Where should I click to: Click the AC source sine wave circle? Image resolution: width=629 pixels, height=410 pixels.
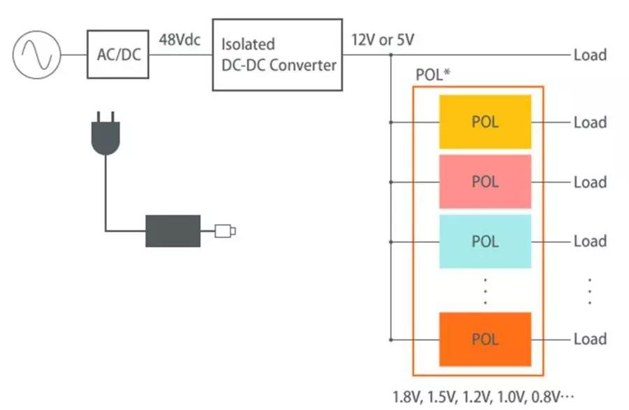click(x=36, y=55)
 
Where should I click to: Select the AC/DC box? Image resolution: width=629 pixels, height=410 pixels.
click(x=117, y=54)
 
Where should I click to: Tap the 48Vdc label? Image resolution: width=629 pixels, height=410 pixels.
click(x=180, y=39)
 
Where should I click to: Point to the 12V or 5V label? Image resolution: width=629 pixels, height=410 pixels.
click(x=382, y=40)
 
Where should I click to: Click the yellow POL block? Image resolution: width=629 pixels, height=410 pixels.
click(x=485, y=122)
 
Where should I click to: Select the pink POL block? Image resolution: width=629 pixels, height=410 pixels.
click(x=485, y=182)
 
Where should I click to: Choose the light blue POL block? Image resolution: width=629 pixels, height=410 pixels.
click(x=485, y=241)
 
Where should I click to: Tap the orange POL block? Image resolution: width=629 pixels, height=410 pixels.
click(x=485, y=339)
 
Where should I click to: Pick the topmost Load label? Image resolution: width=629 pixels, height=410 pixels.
click(x=590, y=55)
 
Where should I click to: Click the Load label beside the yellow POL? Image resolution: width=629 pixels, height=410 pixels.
click(x=590, y=122)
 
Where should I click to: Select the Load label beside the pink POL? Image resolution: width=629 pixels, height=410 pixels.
click(x=590, y=182)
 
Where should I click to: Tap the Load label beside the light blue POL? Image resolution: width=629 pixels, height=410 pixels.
click(x=590, y=241)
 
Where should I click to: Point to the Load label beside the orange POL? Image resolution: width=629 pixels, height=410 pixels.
click(x=590, y=339)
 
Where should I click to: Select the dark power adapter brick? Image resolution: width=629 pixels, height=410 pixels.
click(x=173, y=230)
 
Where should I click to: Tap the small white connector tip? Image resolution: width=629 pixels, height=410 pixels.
click(x=226, y=230)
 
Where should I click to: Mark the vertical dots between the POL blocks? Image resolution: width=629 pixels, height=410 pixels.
click(x=485, y=290)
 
